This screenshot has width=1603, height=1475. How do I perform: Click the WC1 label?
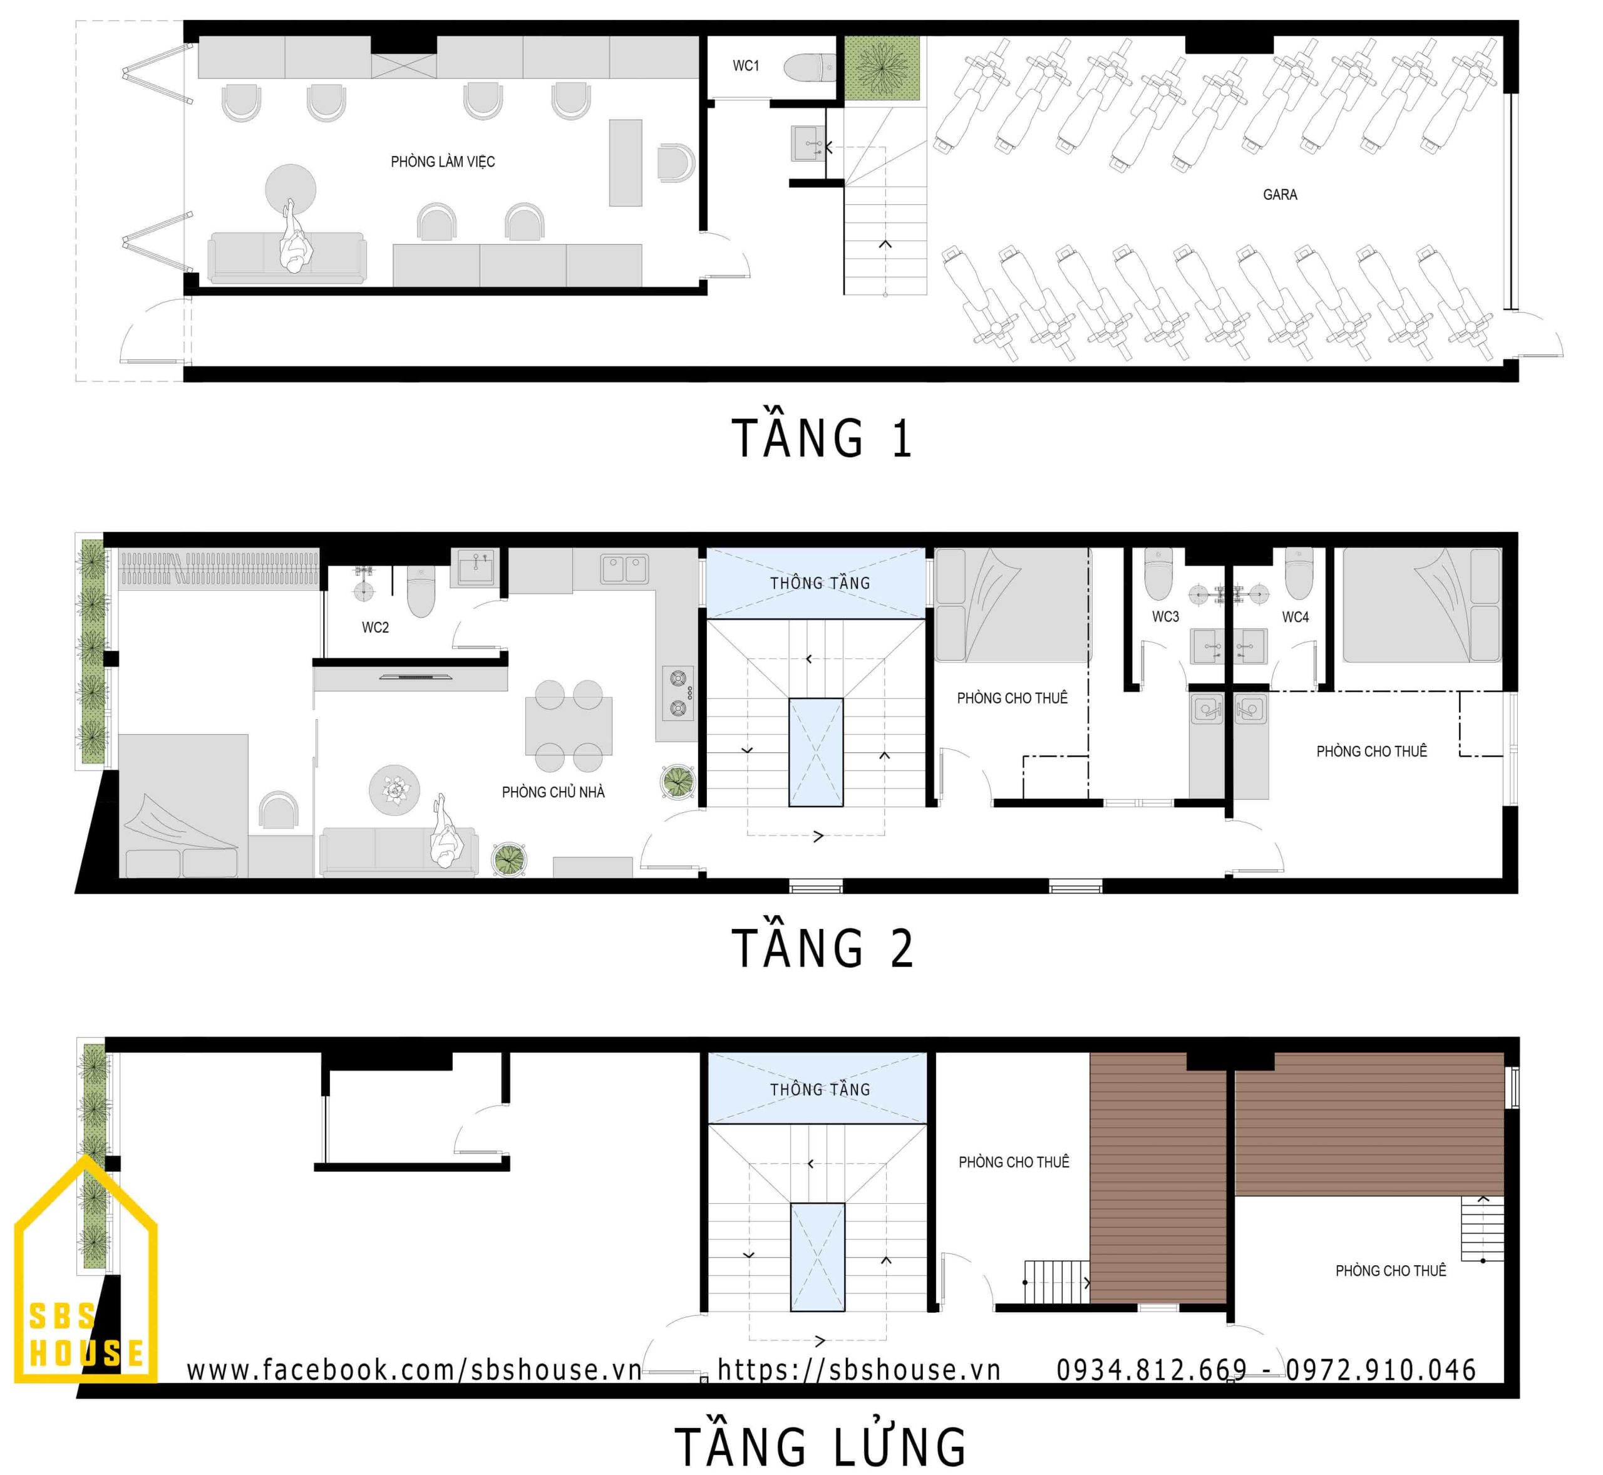[745, 65]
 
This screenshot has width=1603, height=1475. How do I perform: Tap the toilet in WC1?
[808, 68]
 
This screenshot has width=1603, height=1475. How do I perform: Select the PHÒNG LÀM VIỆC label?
[442, 162]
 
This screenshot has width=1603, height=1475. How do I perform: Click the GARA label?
[1279, 195]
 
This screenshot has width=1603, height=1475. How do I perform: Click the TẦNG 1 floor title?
[821, 438]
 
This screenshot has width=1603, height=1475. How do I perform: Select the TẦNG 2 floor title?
[821, 948]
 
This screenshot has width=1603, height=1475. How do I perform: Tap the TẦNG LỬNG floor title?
[820, 1446]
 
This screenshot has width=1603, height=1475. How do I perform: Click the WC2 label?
[375, 628]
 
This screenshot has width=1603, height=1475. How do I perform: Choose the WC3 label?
[1165, 616]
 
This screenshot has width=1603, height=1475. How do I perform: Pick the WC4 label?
[1295, 617]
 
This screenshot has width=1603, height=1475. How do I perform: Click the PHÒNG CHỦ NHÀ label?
[553, 792]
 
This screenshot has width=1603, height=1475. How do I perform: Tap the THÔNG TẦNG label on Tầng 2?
[820, 584]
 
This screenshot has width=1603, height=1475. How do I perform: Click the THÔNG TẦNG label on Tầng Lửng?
[820, 1089]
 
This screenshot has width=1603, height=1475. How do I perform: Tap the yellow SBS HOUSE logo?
[85, 1271]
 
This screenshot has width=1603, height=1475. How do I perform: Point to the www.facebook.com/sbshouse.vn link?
[414, 1370]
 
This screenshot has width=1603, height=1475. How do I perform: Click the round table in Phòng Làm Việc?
[291, 189]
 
